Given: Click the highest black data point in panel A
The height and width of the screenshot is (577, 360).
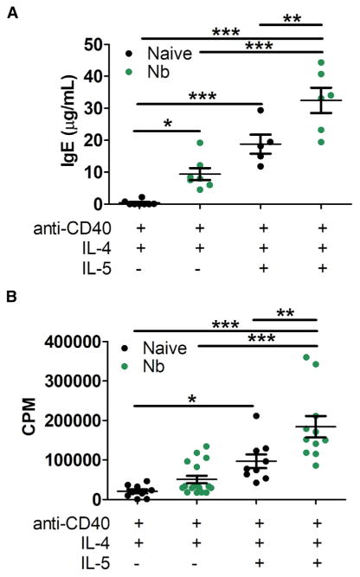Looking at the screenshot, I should click(259, 110).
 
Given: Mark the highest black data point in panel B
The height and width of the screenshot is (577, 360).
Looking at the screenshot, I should click(256, 416).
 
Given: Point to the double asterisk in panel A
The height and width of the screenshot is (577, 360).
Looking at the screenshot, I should click(289, 16).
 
